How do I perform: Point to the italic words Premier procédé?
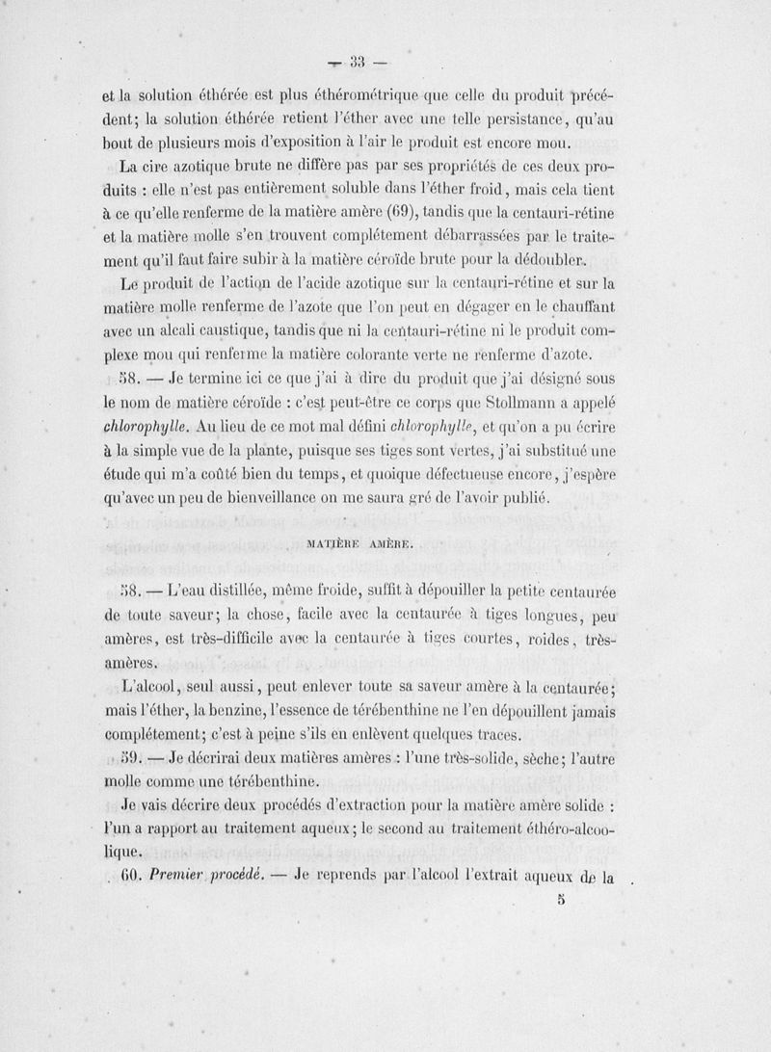point(205,878)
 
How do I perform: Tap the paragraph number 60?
point(133,878)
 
